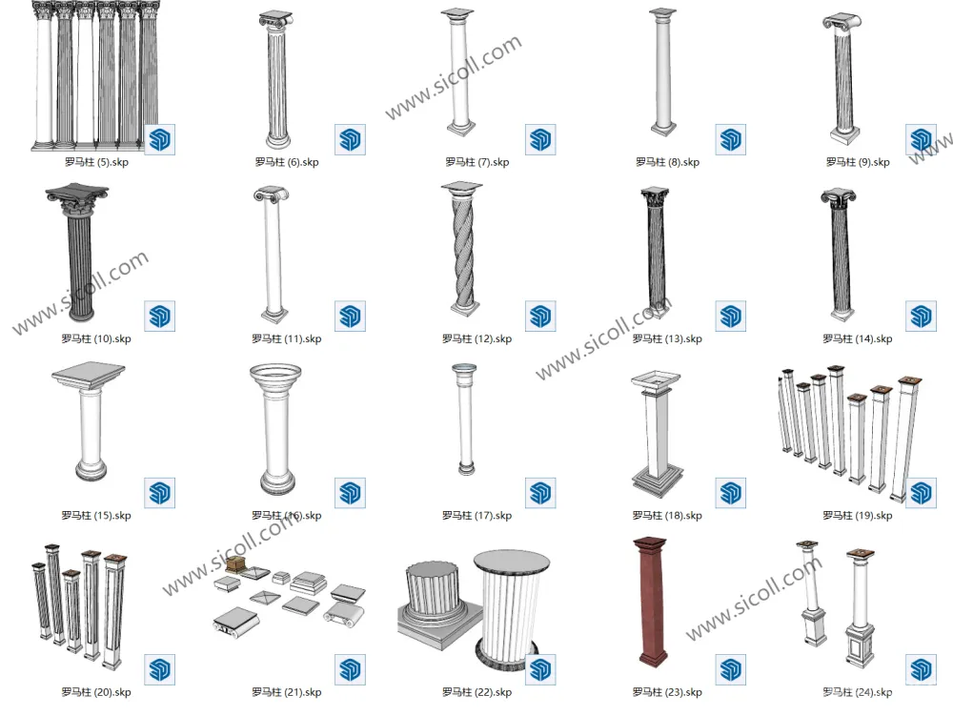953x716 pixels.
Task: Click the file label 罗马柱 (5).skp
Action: [96, 162]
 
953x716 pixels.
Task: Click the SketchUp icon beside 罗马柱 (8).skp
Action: [730, 139]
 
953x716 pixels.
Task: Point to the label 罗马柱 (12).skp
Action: [476, 339]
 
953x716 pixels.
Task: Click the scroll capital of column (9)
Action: [842, 22]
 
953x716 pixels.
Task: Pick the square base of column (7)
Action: [461, 129]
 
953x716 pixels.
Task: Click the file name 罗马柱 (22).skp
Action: [476, 692]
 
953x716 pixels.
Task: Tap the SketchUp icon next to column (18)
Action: [730, 492]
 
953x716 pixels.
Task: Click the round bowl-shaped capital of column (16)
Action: [275, 378]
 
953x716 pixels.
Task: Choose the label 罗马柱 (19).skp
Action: [857, 516]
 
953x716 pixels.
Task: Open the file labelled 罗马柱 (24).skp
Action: [857, 692]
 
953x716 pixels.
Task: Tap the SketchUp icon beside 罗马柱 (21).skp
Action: [350, 669]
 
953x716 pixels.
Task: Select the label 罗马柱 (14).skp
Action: [857, 339]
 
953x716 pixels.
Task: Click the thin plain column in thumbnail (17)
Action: [465, 419]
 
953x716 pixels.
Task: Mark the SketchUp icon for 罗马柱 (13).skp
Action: [730, 317]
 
